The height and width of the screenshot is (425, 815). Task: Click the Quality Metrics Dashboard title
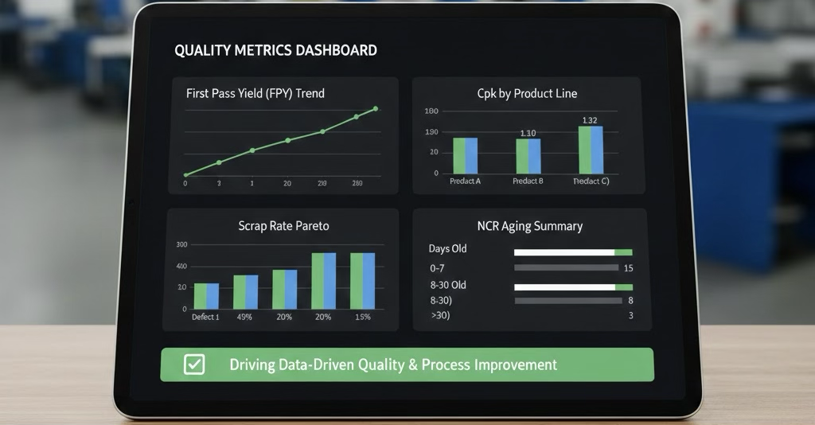point(275,50)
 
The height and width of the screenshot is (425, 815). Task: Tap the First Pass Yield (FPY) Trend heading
point(255,93)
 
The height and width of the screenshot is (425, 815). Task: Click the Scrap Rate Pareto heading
point(283,226)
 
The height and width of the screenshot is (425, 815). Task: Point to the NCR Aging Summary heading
point(529,226)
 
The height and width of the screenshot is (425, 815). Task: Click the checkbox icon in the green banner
point(194,365)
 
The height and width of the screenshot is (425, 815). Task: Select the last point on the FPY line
point(375,109)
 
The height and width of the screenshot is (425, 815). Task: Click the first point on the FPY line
point(185,174)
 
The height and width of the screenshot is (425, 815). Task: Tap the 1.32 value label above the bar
point(590,120)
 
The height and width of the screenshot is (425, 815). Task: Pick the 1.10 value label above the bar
point(527,133)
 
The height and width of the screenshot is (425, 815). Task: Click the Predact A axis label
point(465,181)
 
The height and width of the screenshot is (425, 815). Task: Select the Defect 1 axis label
point(205,317)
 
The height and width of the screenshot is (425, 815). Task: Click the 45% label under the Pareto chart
point(244,317)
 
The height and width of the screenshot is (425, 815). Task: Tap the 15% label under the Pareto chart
point(362,317)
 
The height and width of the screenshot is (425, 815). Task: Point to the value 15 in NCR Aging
point(629,268)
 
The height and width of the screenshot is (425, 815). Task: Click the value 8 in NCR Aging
point(630,300)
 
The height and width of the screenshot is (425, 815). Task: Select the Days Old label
point(447,249)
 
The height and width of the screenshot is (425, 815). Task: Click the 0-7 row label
point(437,268)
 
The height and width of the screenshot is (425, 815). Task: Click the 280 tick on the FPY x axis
point(357,183)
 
